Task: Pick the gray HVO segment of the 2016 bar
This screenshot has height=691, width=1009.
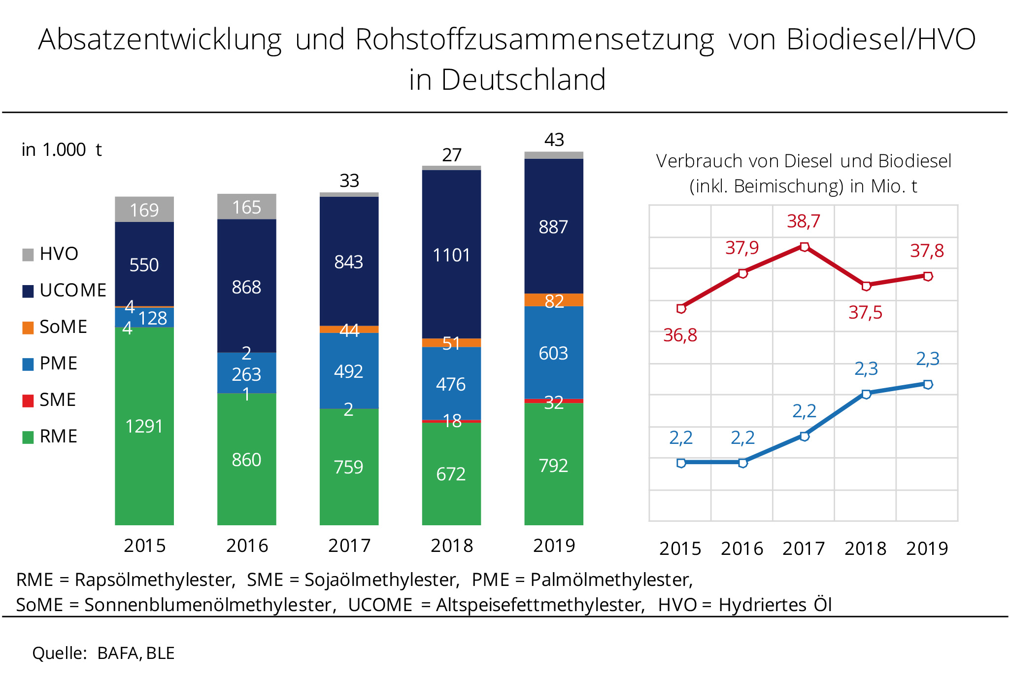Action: click(x=246, y=207)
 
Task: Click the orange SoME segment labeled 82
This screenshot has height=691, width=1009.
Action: click(x=553, y=300)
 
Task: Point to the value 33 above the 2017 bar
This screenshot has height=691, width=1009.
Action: click(x=349, y=181)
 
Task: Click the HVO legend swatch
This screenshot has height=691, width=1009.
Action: click(x=28, y=255)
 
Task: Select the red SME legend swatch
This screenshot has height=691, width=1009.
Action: click(x=28, y=400)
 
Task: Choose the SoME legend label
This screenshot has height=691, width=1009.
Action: click(x=63, y=327)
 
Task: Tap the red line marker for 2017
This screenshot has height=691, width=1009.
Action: click(x=804, y=247)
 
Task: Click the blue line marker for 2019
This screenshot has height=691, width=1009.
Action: click(x=928, y=384)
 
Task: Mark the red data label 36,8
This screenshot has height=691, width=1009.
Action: click(x=680, y=336)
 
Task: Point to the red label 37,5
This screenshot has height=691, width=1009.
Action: click(x=865, y=313)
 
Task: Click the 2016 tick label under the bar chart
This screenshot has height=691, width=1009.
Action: click(x=247, y=546)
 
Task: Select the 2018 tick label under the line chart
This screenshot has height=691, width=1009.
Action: click(x=865, y=548)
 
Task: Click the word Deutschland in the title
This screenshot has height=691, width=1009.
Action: click(x=523, y=80)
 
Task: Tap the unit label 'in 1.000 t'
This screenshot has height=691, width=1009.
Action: click(x=62, y=150)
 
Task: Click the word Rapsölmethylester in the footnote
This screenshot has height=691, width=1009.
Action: click(x=155, y=580)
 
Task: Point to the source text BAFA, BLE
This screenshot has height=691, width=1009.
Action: click(x=136, y=653)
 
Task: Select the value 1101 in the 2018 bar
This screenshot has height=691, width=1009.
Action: click(x=451, y=255)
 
